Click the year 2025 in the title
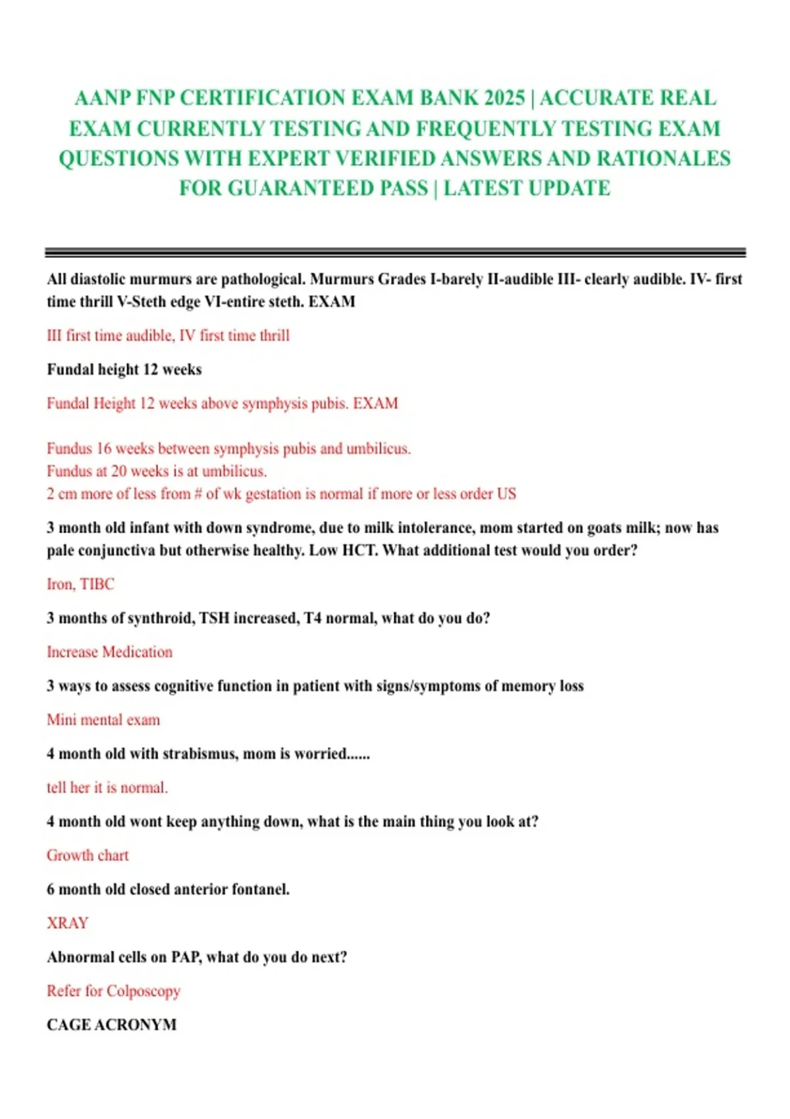point(504,98)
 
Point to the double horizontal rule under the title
point(395,252)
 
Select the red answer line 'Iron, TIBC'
point(80,584)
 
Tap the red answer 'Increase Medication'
point(109,652)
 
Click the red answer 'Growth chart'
point(88,855)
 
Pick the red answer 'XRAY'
point(67,923)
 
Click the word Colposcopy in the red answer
point(143,991)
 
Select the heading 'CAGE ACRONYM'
point(111,1025)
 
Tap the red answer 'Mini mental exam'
point(103,719)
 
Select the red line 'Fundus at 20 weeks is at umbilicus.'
point(157,471)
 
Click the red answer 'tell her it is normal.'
point(107,787)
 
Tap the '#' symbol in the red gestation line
point(198,494)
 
